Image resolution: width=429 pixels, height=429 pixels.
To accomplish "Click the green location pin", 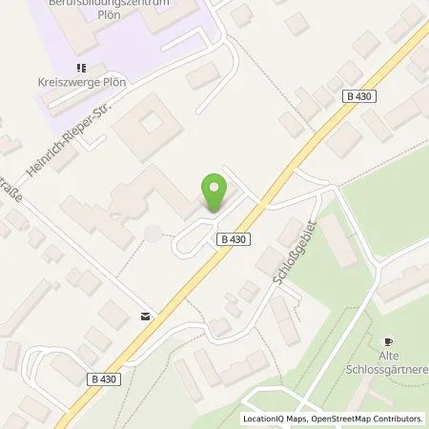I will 214,191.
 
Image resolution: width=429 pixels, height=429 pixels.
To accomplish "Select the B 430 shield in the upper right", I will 355,95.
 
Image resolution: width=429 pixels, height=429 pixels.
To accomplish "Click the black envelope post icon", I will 144,316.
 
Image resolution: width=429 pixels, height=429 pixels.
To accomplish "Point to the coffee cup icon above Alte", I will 387,340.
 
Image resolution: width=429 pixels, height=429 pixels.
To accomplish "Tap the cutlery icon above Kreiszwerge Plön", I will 81,67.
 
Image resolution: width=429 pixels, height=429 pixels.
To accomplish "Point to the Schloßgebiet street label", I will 282,257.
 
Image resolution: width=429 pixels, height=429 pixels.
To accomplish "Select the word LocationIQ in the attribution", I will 264,419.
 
